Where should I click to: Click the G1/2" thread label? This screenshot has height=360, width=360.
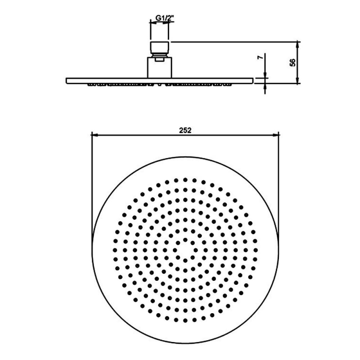coord(164,18)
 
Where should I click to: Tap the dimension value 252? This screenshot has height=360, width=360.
coord(185,130)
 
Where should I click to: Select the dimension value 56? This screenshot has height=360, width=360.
coord(293,63)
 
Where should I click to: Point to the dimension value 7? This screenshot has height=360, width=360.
coord(260,58)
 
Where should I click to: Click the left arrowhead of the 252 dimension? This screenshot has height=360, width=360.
coord(95,135)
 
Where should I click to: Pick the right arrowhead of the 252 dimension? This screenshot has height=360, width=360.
coord(275,135)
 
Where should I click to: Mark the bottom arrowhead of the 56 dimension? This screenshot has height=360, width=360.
coord(297,80)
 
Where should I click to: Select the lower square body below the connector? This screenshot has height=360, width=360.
coord(159,68)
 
